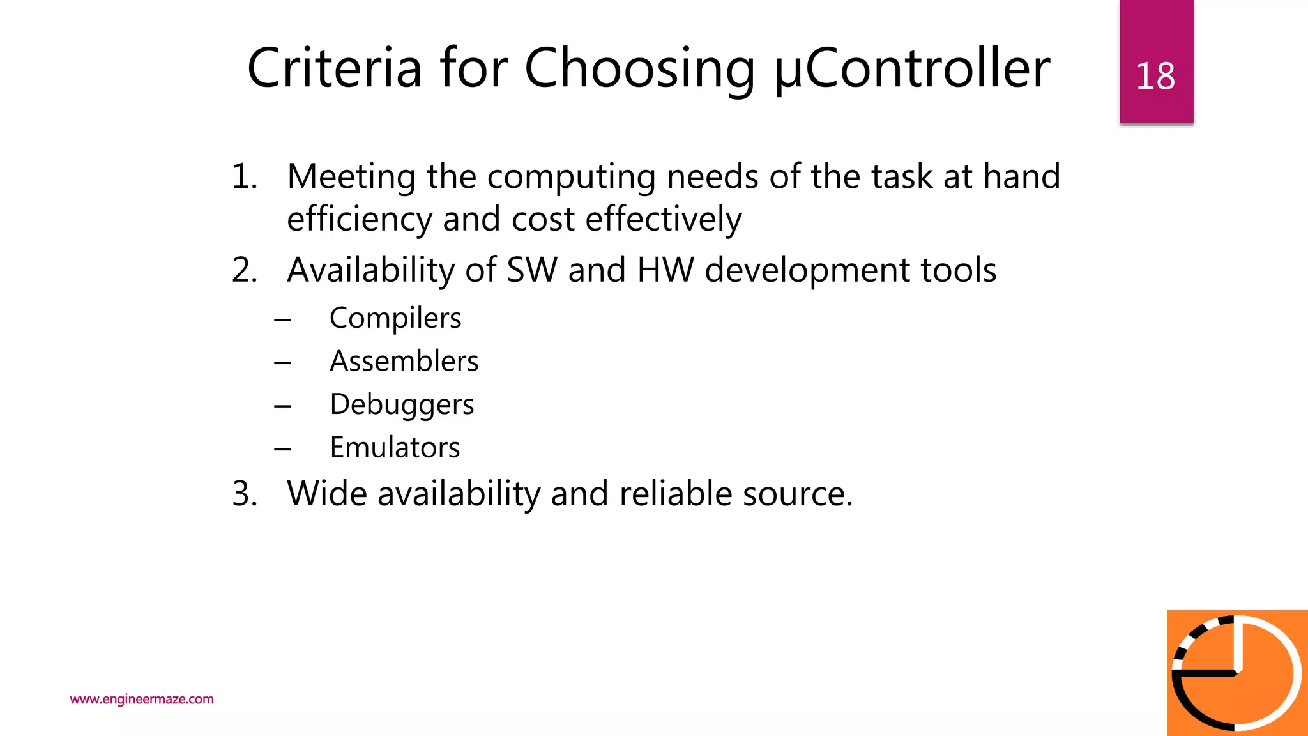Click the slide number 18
pyautogui.click(x=1155, y=76)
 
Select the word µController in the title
pyautogui.click(x=913, y=69)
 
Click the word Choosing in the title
pyautogui.click(x=639, y=69)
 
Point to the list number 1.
pyautogui.click(x=244, y=176)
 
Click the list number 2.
pyautogui.click(x=245, y=270)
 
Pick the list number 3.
pyautogui.click(x=245, y=494)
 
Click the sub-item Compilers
pyautogui.click(x=395, y=318)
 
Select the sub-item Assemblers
pyautogui.click(x=404, y=361)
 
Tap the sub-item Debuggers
pyautogui.click(x=402, y=404)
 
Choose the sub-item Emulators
pyautogui.click(x=395, y=447)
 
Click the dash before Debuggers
pyautogui.click(x=283, y=406)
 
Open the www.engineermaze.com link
pyautogui.click(x=142, y=699)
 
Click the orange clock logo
pyautogui.click(x=1236, y=673)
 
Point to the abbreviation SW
pyautogui.click(x=531, y=270)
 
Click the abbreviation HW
pyautogui.click(x=665, y=270)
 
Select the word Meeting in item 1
pyautogui.click(x=351, y=177)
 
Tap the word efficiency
pyautogui.click(x=359, y=219)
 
